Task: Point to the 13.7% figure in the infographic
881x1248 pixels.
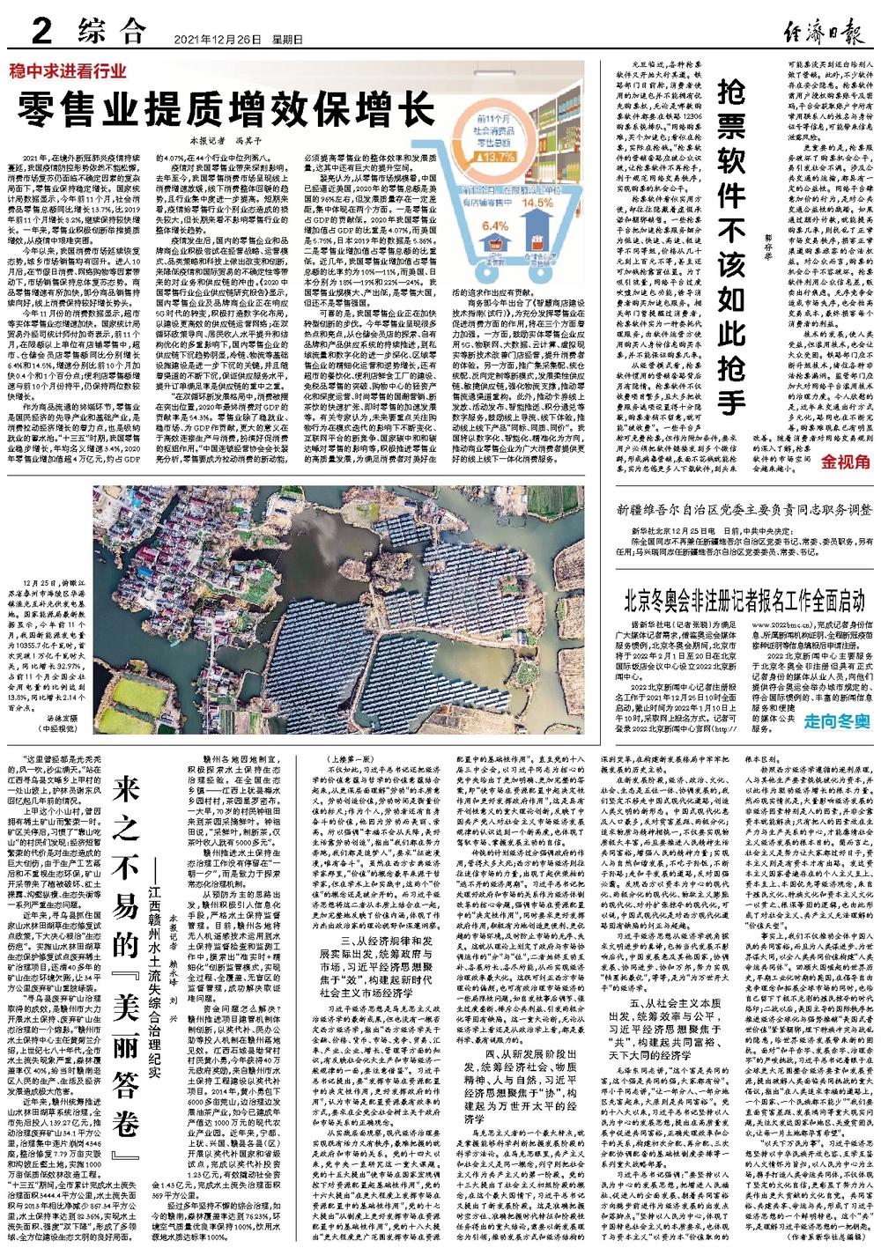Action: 500,157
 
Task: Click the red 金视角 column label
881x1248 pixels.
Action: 846,462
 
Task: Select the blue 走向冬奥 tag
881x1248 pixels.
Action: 835,721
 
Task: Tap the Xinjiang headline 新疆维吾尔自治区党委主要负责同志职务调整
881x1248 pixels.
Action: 744,510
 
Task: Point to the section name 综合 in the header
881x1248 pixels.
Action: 110,33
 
